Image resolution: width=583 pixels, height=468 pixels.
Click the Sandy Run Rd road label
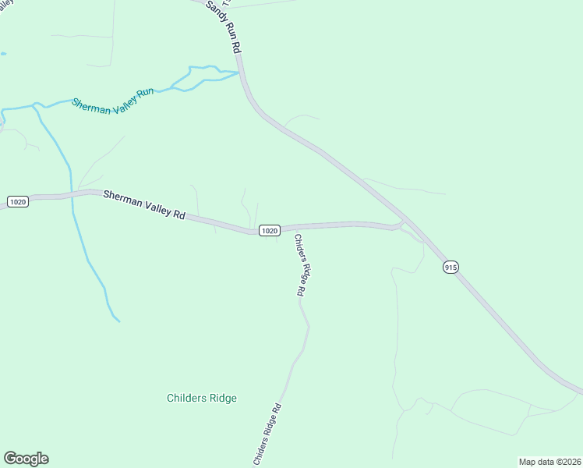(x=224, y=27)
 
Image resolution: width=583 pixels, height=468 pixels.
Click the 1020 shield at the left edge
(x=18, y=202)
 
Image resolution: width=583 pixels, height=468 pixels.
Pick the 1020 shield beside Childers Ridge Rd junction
(x=269, y=230)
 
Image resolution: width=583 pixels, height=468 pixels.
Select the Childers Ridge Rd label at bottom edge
(x=266, y=434)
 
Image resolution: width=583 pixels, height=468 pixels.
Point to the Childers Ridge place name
(x=202, y=398)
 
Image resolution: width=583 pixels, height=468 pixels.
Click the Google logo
(x=26, y=459)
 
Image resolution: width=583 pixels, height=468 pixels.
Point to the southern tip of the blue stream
(x=119, y=321)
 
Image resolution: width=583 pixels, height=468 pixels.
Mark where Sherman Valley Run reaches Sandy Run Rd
(x=238, y=73)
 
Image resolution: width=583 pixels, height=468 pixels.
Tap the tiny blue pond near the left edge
(x=3, y=54)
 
